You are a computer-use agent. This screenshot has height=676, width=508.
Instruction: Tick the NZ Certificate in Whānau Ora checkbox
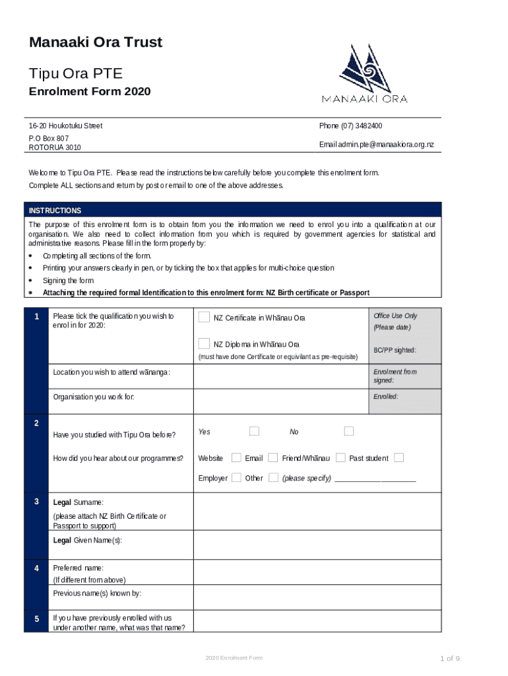click(x=205, y=318)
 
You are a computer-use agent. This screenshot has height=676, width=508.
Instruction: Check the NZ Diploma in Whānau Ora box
click(x=205, y=343)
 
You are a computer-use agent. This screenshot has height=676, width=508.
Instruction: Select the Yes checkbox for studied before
click(x=254, y=431)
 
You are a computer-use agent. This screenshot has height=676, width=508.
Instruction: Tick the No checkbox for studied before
click(x=349, y=431)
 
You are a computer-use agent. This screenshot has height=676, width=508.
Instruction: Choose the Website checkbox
click(x=234, y=457)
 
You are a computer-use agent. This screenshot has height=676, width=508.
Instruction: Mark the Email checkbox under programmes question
click(x=272, y=457)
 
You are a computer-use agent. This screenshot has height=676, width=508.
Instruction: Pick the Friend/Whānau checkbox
click(x=340, y=457)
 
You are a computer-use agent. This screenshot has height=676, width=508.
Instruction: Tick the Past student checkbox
click(x=398, y=457)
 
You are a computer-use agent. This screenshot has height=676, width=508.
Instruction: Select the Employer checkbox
click(x=236, y=477)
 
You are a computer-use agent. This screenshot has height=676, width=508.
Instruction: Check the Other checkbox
click(x=273, y=477)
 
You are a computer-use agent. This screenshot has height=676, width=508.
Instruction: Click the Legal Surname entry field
click(x=317, y=512)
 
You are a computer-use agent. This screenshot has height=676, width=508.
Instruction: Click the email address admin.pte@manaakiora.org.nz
click(x=377, y=145)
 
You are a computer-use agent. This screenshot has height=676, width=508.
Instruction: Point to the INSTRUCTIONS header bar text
click(x=55, y=211)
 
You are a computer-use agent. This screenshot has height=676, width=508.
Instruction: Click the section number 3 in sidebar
click(x=36, y=502)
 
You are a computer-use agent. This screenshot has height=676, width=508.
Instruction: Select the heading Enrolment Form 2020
click(x=90, y=92)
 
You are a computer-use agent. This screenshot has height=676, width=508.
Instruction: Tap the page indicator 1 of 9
click(x=450, y=658)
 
